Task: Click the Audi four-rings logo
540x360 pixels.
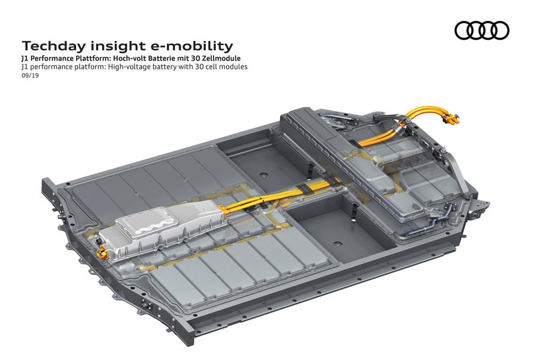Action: pos(482,31)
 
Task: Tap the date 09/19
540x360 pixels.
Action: pos(30,76)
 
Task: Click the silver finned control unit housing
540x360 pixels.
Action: pos(162,232)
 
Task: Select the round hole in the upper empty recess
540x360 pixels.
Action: pos(264,175)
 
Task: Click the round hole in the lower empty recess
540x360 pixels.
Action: pos(337,244)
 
